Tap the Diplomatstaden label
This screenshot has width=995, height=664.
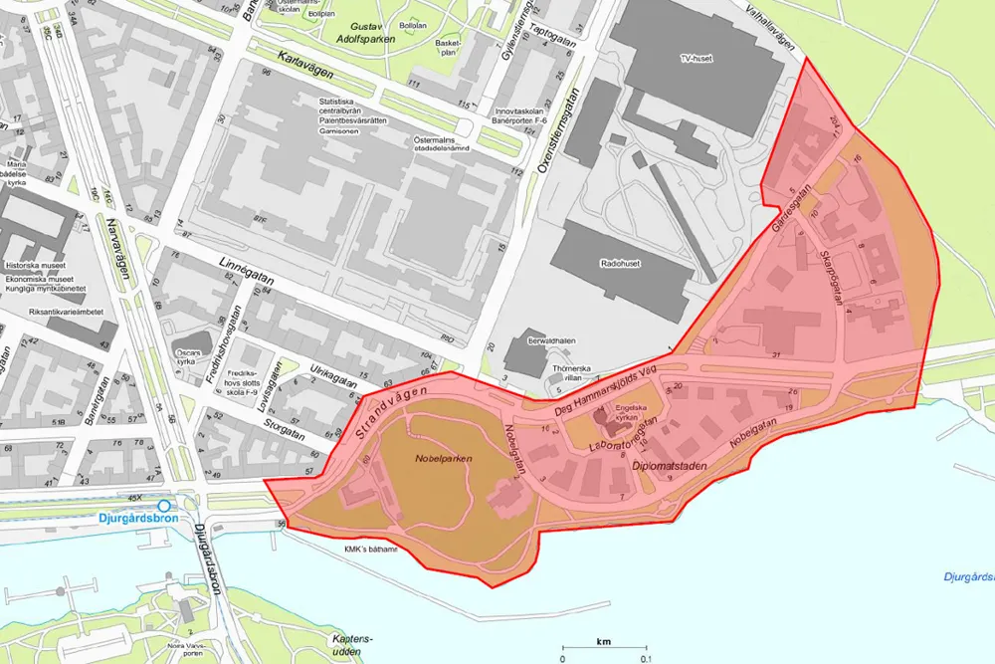tap(669, 465)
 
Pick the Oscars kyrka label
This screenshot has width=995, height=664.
tap(189, 356)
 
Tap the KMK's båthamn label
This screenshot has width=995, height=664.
tap(370, 550)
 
